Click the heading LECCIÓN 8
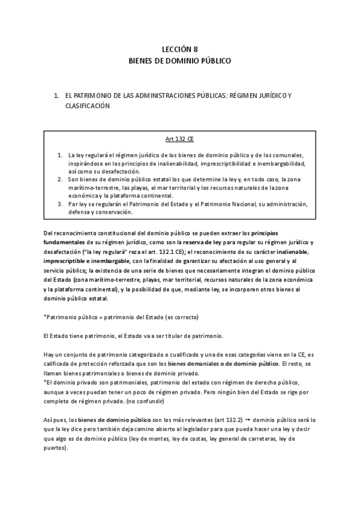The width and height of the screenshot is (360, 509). (179, 50)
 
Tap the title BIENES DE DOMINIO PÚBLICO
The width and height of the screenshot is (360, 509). (179, 61)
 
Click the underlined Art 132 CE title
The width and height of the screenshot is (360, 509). (179, 139)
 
